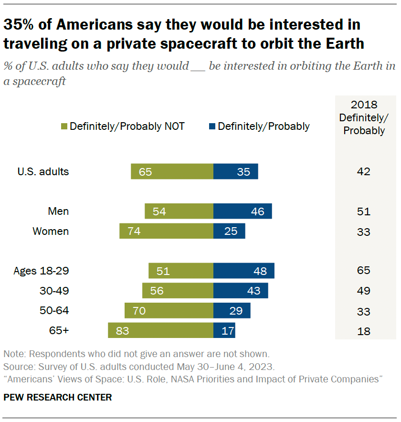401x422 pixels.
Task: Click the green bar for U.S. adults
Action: pos(172,171)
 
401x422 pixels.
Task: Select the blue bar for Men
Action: pos(243,211)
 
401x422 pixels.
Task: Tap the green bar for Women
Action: pos(166,232)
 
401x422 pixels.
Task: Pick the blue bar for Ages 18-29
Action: pos(243,271)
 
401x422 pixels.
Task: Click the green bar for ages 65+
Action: pos(160,330)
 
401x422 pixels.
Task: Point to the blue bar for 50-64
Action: pos(232,310)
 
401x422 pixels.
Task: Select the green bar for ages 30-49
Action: pos(178,290)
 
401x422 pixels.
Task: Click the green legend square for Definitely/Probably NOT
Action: pos(64,127)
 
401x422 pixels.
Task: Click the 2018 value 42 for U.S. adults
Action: pos(364,172)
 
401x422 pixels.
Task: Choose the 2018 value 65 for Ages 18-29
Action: pos(364,271)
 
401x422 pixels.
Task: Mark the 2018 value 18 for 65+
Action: pos(364,331)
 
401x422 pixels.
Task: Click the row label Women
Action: pos(51,232)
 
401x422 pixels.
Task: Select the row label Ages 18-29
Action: pos(41,271)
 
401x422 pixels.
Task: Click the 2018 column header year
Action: pos(364,105)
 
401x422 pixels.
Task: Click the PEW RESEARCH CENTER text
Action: pos(58,397)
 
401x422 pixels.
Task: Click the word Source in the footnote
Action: pos(17,367)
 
